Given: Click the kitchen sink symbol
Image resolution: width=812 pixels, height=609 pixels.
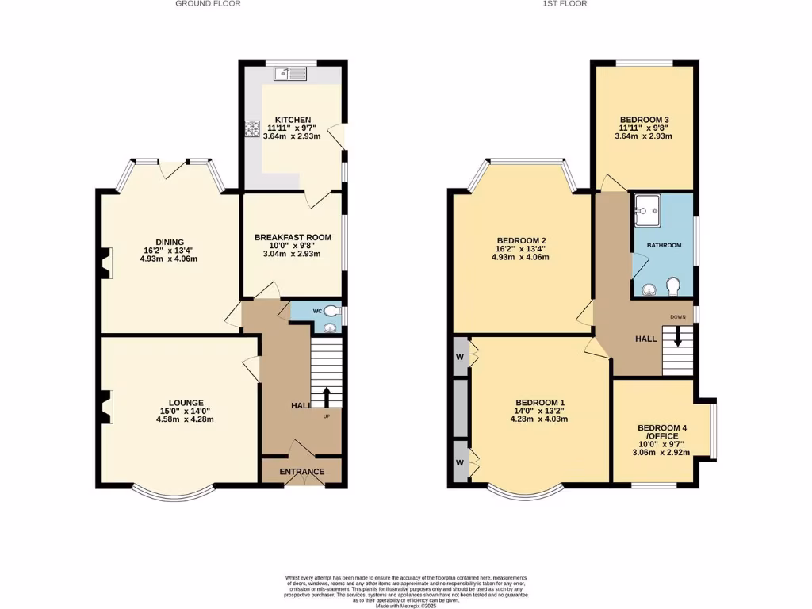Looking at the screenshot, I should click(290, 75).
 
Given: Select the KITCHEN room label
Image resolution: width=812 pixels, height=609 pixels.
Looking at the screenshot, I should click(293, 120).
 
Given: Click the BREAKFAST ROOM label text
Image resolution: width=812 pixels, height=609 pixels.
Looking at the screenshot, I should click(292, 237).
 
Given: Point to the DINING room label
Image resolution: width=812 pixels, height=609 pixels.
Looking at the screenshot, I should click(170, 243).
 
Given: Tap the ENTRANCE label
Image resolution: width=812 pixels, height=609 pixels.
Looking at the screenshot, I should click(301, 472).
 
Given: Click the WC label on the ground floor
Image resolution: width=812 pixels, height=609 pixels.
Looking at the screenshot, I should click(316, 311).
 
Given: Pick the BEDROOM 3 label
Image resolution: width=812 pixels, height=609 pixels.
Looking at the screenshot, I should click(643, 120).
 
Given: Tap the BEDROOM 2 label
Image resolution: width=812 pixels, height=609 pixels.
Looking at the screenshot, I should click(522, 240).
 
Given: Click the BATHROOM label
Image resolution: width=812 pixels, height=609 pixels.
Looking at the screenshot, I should click(664, 245).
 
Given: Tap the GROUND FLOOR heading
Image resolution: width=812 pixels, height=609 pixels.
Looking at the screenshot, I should click(208, 4).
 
